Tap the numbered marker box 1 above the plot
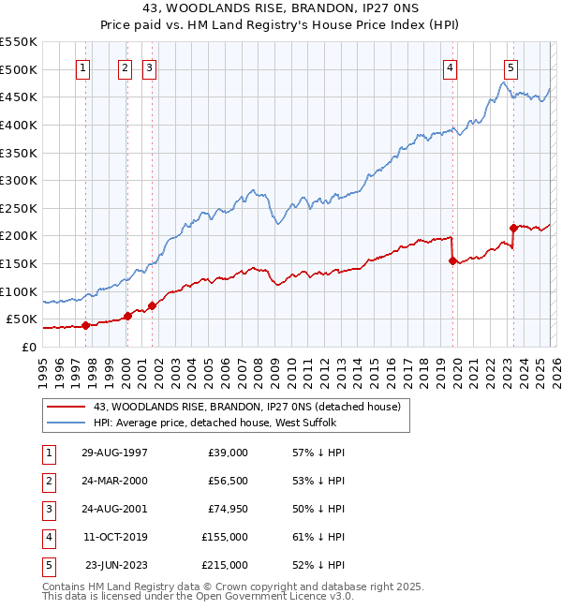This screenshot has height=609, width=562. (x=83, y=67)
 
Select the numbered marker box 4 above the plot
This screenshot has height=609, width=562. (x=451, y=67)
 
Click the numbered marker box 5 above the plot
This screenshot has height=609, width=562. (x=510, y=67)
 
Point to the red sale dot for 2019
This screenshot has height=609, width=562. (x=453, y=261)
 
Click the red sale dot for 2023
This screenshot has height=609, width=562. (x=513, y=228)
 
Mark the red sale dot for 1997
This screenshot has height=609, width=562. (x=85, y=325)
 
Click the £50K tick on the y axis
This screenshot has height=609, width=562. (x=22, y=319)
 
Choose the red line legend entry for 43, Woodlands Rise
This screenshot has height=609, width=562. (x=247, y=407)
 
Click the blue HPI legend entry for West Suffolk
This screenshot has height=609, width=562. (x=220, y=423)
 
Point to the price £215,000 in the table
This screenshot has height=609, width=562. (x=224, y=564)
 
